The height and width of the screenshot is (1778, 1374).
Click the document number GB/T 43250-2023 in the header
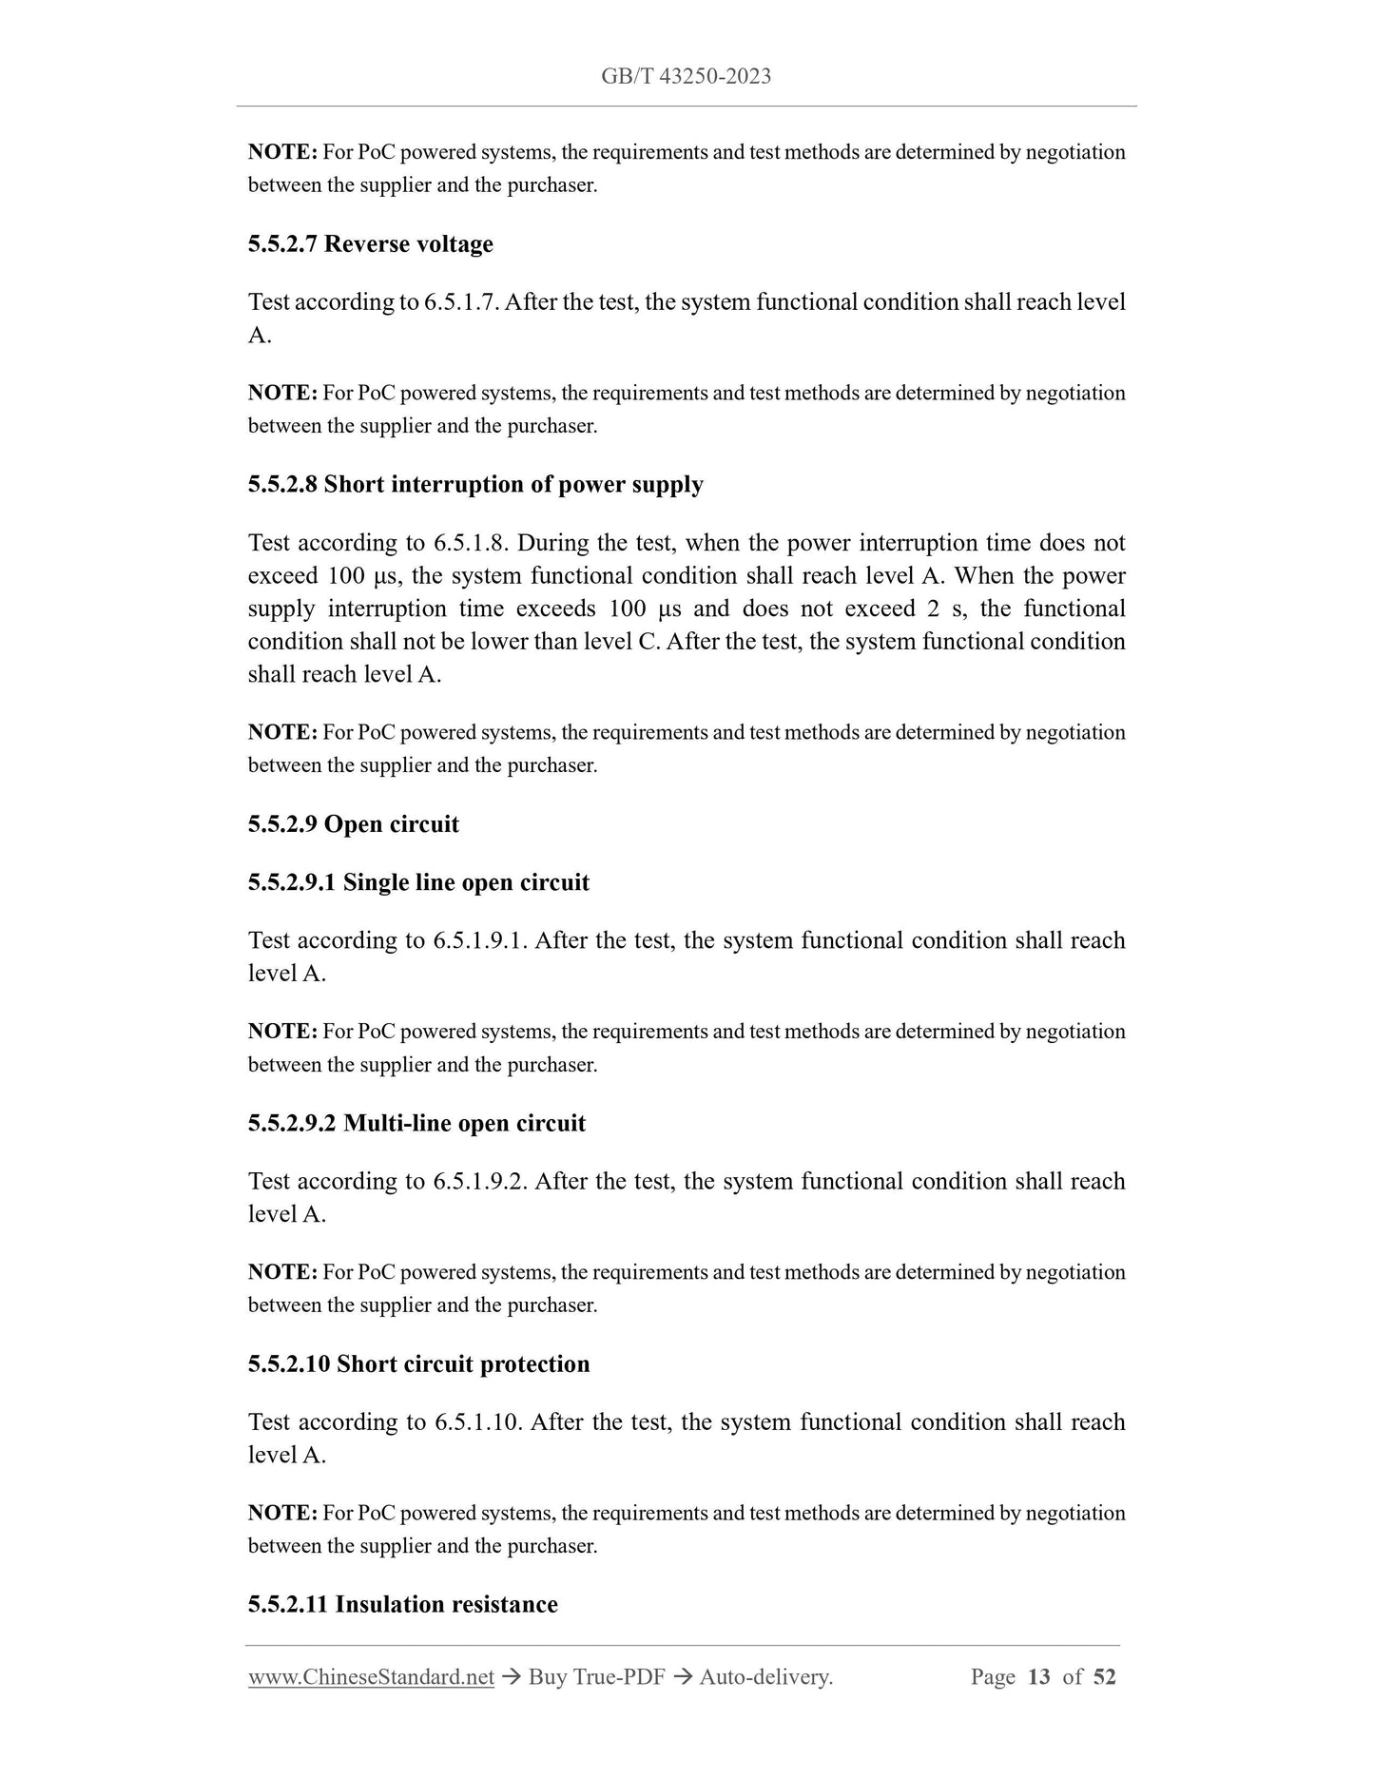click(686, 76)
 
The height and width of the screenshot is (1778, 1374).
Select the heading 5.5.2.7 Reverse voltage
click(371, 244)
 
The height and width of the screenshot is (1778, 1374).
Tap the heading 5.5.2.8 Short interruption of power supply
click(475, 485)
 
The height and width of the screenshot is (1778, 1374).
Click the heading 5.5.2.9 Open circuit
click(354, 824)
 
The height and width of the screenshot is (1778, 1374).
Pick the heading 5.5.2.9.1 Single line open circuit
click(418, 882)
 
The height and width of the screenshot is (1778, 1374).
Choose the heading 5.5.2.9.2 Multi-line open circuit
click(416, 1123)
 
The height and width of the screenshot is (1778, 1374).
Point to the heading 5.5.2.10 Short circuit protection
click(418, 1363)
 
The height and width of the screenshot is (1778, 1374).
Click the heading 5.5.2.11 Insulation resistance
click(402, 1604)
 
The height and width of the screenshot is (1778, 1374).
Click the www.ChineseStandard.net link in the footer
click(371, 1677)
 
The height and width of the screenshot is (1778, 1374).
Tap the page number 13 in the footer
click(1039, 1677)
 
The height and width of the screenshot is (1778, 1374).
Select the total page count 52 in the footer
click(1104, 1677)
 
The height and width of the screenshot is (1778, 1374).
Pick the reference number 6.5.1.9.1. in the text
click(480, 940)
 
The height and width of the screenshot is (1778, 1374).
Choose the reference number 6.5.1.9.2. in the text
click(480, 1181)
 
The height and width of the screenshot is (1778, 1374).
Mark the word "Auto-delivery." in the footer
click(765, 1677)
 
